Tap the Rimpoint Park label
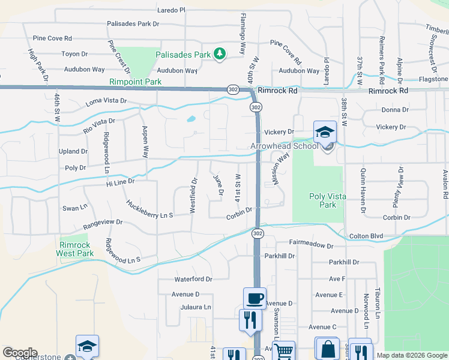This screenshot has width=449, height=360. coord(136,82)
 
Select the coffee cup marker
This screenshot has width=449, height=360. coord(255,298)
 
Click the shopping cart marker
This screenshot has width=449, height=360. coord(283,350)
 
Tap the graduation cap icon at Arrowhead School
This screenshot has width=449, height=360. coord(325,132)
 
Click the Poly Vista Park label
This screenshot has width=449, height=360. coord(322,200)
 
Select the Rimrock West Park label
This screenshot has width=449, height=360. coord(75,249)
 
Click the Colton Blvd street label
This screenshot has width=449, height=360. coord(366,236)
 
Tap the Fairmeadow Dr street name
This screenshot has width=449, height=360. coord(311,245)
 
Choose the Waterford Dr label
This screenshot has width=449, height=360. coord(193,279)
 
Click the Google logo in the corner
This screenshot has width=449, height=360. coord(20,353)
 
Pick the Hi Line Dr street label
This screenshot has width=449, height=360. coord(118,181)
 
